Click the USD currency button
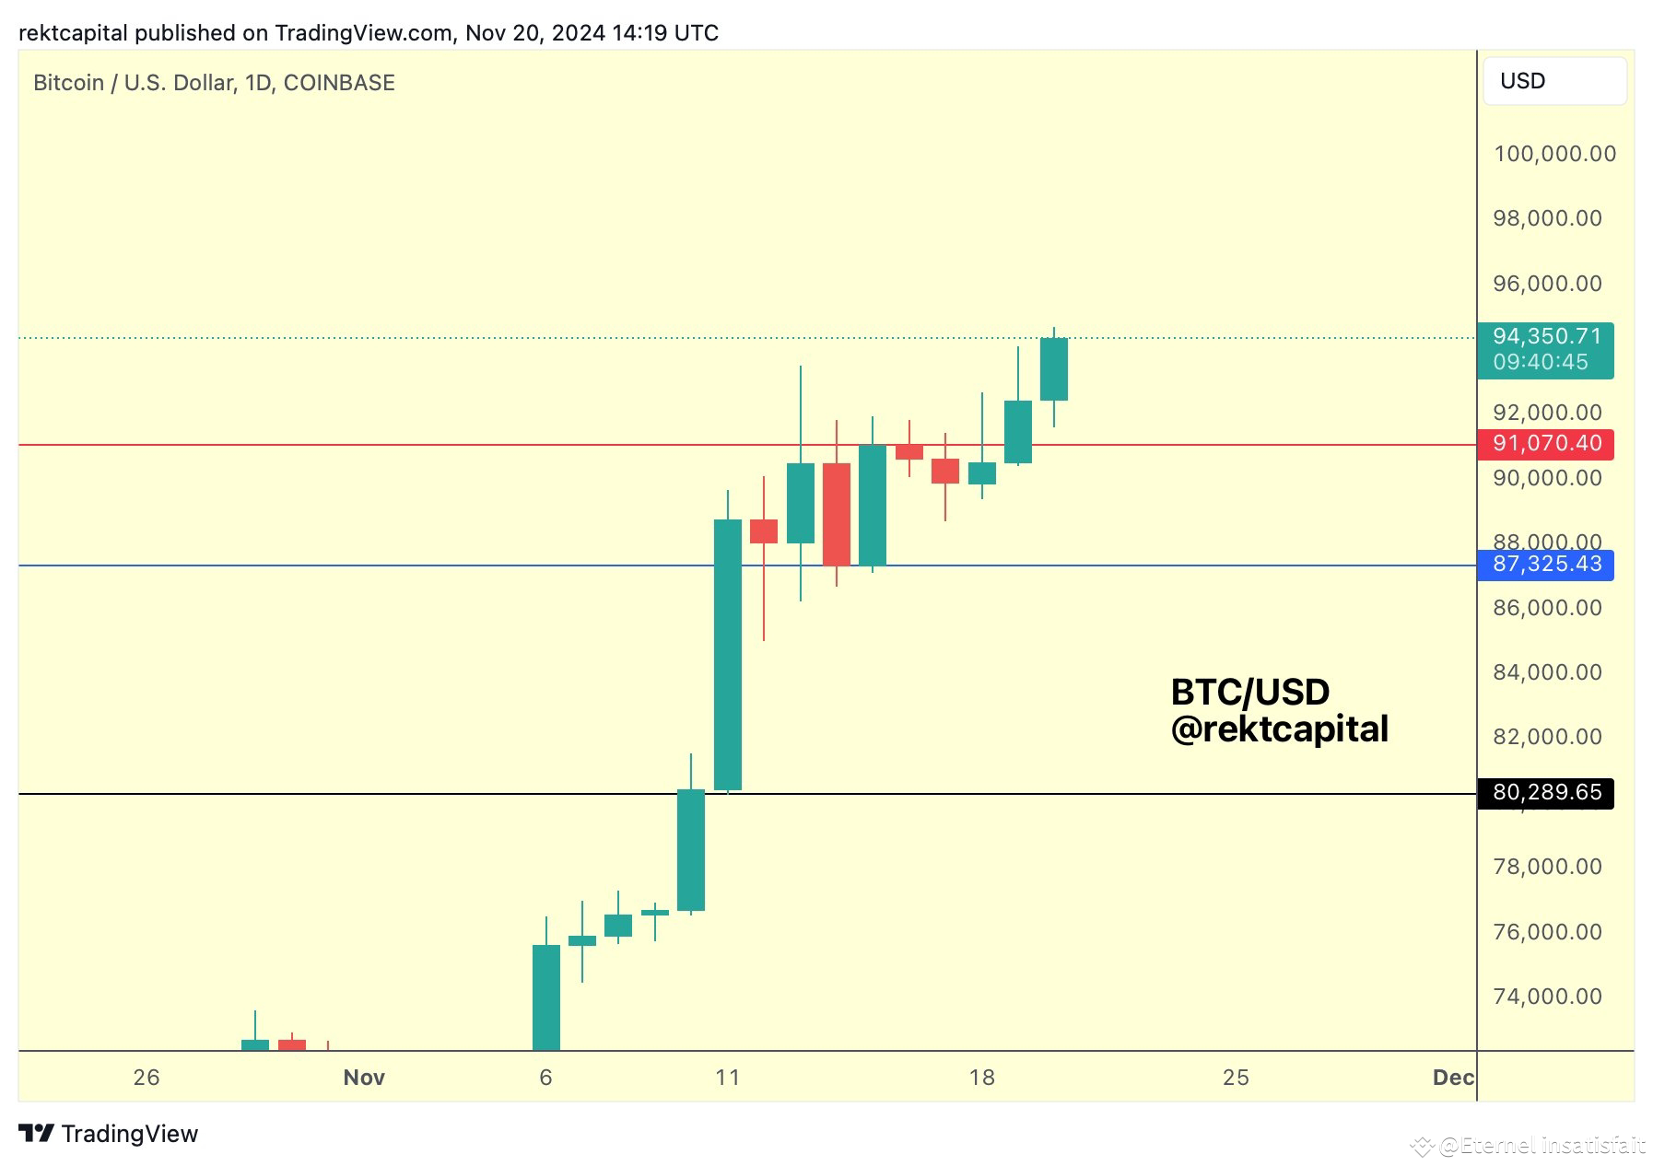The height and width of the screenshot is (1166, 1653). click(x=1553, y=81)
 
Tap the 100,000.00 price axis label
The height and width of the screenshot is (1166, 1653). click(x=1554, y=154)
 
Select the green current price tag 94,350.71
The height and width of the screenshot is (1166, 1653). click(x=1547, y=337)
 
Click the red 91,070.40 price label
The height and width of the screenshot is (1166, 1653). click(x=1546, y=444)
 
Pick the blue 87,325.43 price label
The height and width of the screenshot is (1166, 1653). click(x=1546, y=564)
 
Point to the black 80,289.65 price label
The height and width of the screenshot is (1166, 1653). click(x=1546, y=792)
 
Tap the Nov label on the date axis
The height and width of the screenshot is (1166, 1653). click(x=364, y=1078)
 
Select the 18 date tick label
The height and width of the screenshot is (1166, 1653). click(x=982, y=1078)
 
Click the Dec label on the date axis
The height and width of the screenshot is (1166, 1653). click(x=1453, y=1078)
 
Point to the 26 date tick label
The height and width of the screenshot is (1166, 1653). click(x=147, y=1078)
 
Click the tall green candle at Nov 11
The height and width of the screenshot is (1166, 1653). click(x=728, y=654)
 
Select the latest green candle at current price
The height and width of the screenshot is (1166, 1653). click(x=1053, y=369)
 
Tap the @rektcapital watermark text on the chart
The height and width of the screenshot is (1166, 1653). click(x=1279, y=729)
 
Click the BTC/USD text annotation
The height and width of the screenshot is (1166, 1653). click(x=1249, y=692)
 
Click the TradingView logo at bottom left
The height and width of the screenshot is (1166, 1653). click(x=109, y=1134)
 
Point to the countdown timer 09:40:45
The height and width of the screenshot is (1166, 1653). click(x=1541, y=362)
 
